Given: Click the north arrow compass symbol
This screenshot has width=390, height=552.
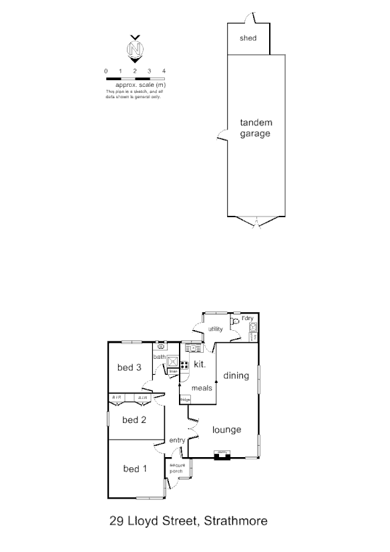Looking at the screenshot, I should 135,49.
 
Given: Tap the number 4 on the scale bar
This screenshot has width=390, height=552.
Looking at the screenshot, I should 164,71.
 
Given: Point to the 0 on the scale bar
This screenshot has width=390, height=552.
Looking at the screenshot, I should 106,71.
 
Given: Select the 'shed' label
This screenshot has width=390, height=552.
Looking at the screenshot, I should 248,38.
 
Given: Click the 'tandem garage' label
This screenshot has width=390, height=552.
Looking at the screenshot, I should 256,128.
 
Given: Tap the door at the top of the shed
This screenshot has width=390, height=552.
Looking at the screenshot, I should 248,18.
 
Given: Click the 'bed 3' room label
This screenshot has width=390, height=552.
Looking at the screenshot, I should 130,367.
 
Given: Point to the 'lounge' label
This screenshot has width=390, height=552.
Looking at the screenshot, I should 226,430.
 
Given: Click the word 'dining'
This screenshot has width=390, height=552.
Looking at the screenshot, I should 236,376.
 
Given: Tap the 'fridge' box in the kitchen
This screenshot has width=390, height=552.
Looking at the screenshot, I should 185,399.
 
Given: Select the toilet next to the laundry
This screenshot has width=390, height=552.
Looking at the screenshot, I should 236,321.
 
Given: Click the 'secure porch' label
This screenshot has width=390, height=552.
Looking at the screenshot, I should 176,468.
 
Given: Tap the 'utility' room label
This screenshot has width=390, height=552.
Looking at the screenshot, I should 215,329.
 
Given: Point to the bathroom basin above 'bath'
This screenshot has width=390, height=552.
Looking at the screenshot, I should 161,347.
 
